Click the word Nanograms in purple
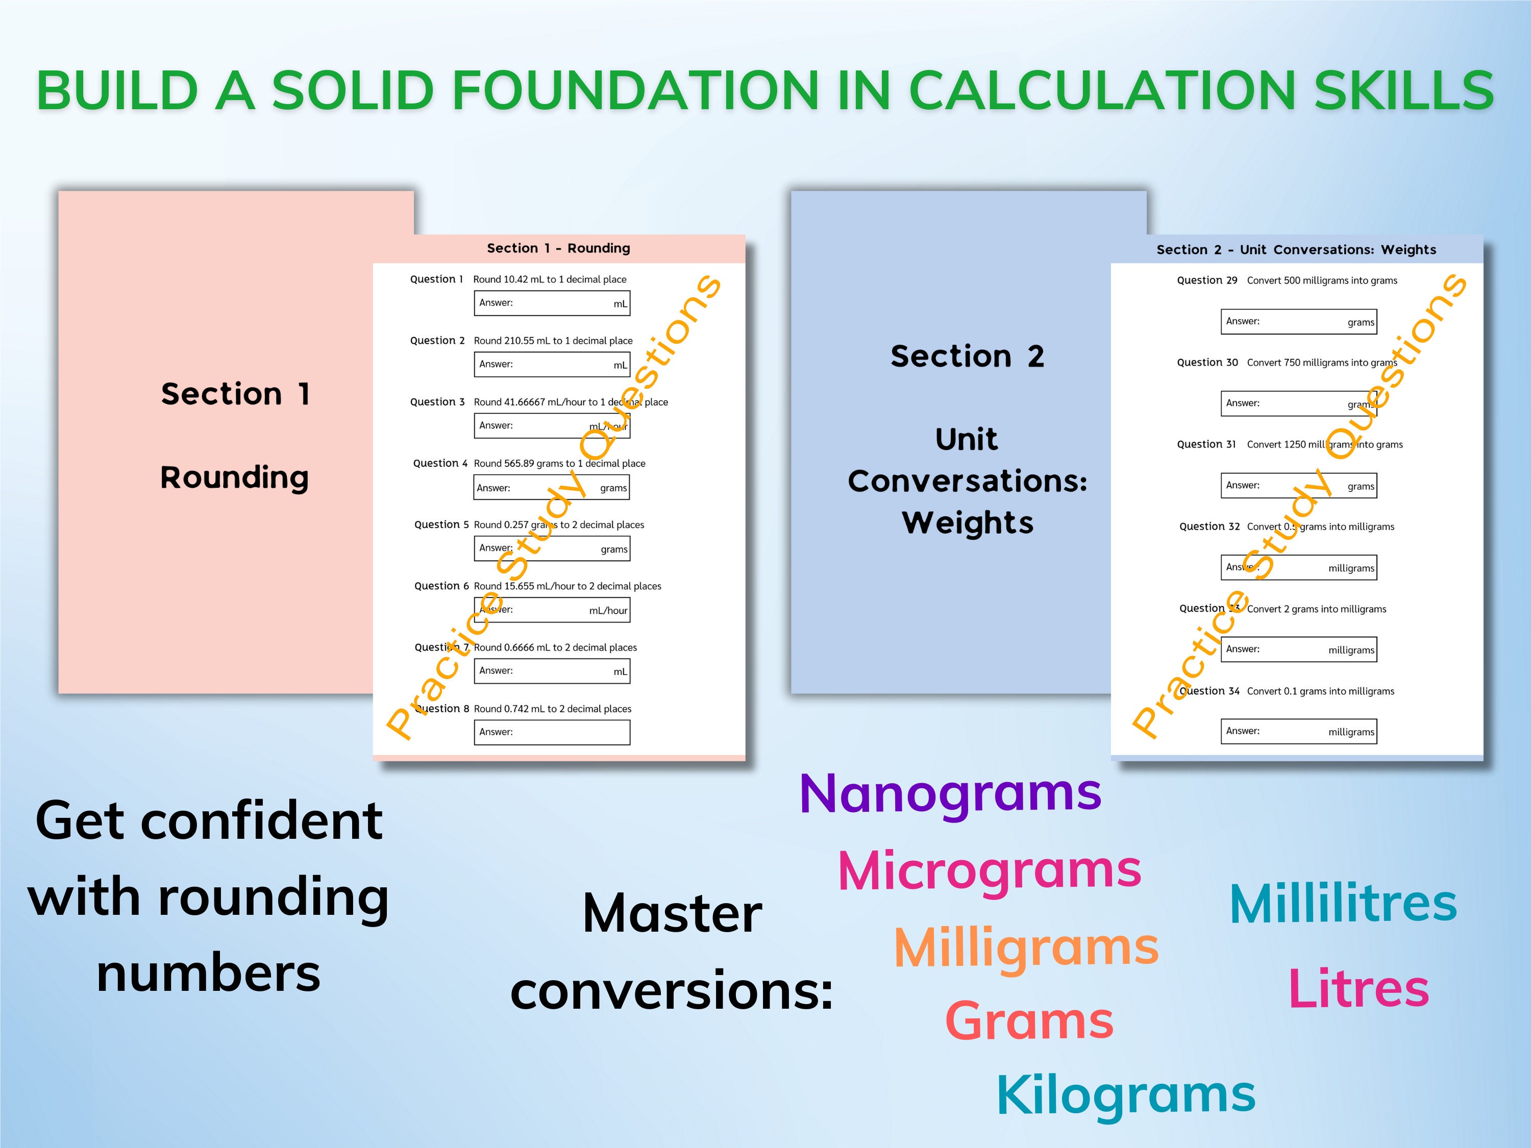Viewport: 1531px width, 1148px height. [x=950, y=794]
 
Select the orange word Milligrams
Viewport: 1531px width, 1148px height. [x=1026, y=947]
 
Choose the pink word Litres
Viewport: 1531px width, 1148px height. [x=1358, y=989]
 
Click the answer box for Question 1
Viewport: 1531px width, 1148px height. [x=552, y=303]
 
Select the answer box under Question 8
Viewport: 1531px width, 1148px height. [x=552, y=732]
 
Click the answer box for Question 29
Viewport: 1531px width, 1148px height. [x=1298, y=322]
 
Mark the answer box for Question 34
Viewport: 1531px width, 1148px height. [x=1298, y=732]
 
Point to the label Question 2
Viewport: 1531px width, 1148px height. [x=437, y=340]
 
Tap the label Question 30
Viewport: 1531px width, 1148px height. [x=1207, y=363]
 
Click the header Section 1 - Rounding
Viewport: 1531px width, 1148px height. [x=558, y=248]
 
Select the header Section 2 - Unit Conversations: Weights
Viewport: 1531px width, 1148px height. [x=1296, y=250]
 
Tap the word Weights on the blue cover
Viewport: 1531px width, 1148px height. [x=968, y=522]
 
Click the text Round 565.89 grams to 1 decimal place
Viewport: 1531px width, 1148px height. [x=559, y=464]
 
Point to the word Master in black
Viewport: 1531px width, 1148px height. [x=672, y=914]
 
